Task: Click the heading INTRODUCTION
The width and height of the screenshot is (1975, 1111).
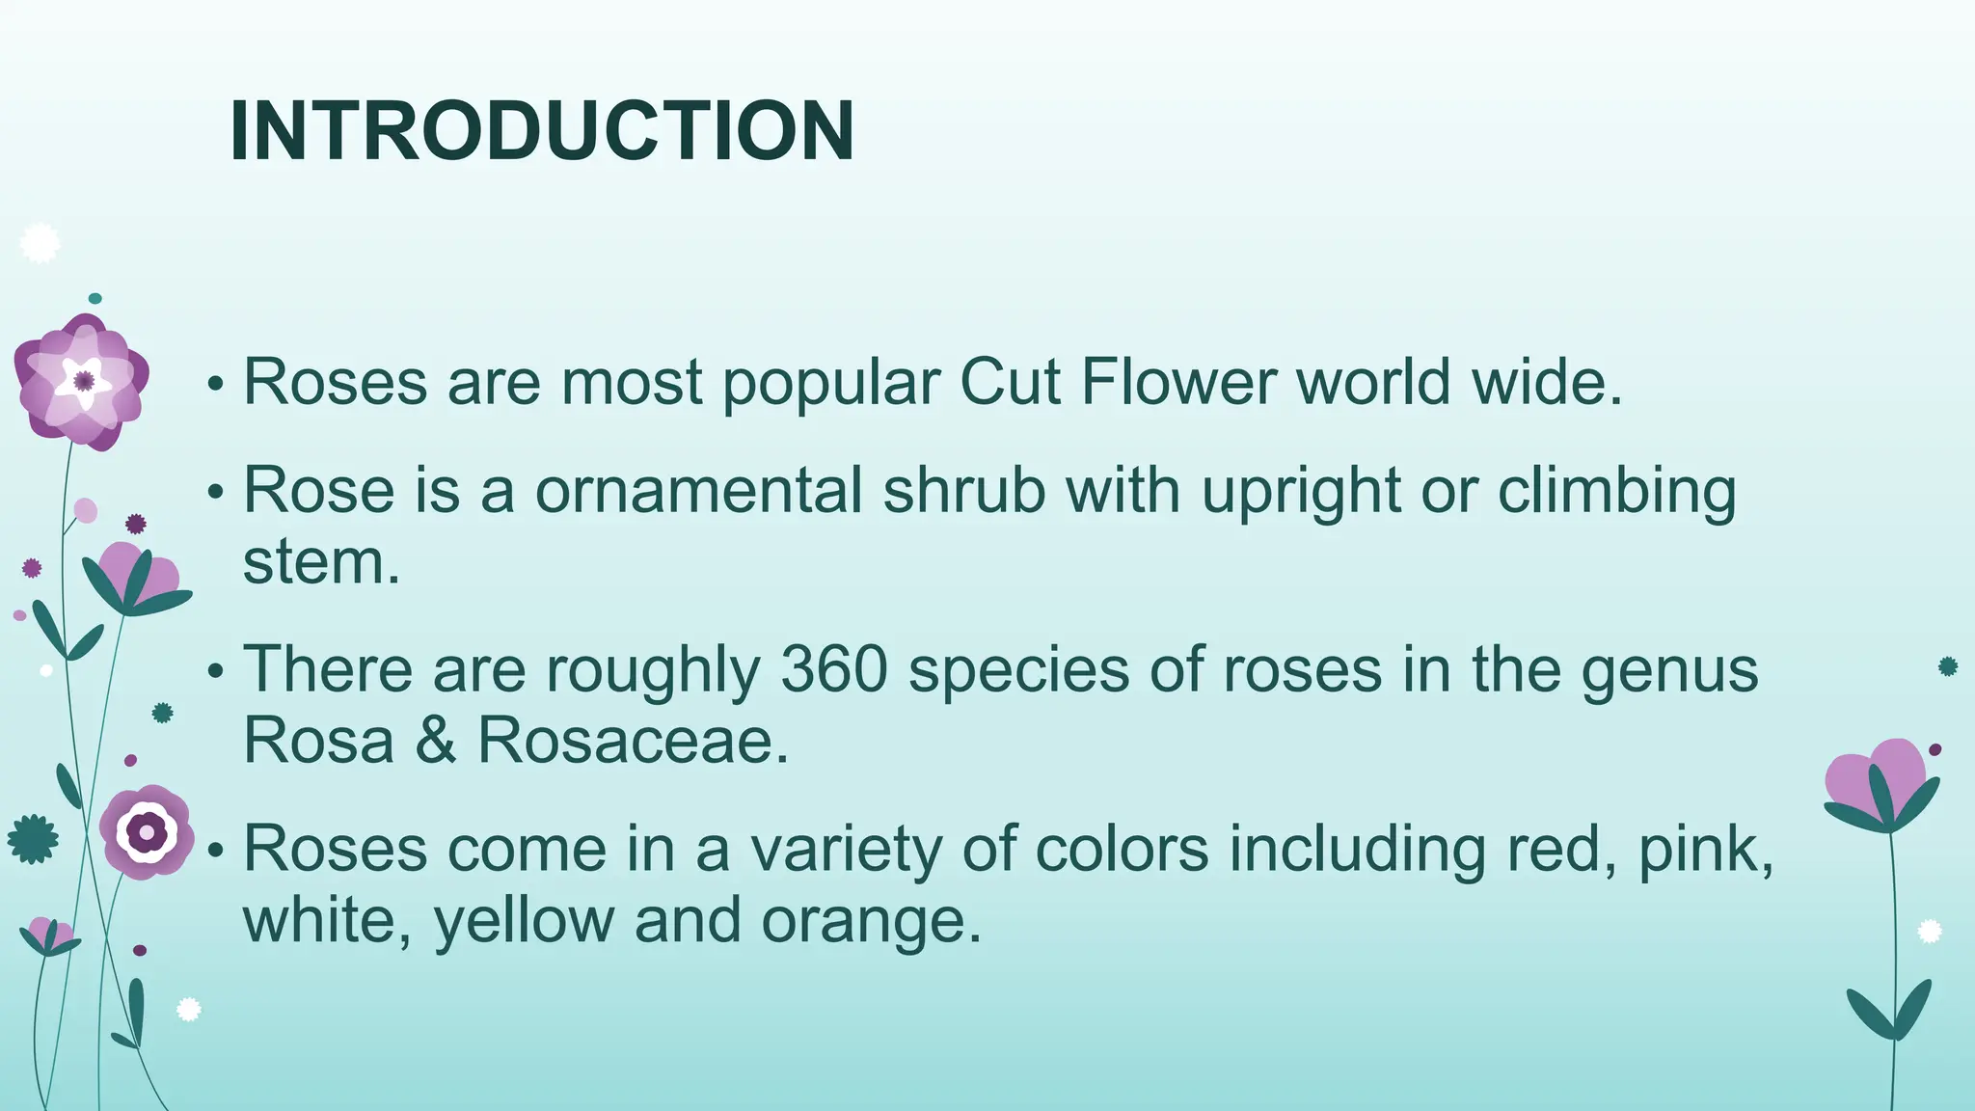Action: coord(541,131)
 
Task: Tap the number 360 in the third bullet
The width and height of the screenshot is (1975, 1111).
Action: coord(833,669)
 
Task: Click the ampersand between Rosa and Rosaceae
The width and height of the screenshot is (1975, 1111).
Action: coord(435,741)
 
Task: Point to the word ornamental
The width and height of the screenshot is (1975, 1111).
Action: coord(698,490)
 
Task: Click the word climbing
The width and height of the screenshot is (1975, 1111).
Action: coord(1616,492)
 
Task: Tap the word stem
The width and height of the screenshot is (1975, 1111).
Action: coord(320,561)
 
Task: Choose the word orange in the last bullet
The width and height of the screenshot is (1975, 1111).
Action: coord(871,922)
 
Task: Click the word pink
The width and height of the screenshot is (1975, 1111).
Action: coord(1706,851)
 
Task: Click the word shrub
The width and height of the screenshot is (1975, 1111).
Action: coord(963,490)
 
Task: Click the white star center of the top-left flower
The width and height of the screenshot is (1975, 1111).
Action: coord(83,382)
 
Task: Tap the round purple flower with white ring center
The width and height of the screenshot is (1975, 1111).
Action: coord(147,830)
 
